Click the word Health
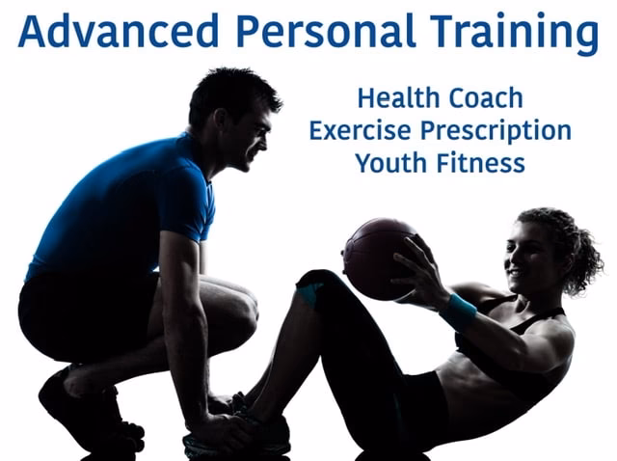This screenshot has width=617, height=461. point(396,97)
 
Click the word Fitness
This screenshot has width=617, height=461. point(479,161)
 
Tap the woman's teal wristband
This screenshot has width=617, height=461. point(459,311)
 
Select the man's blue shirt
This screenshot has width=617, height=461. point(125,203)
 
